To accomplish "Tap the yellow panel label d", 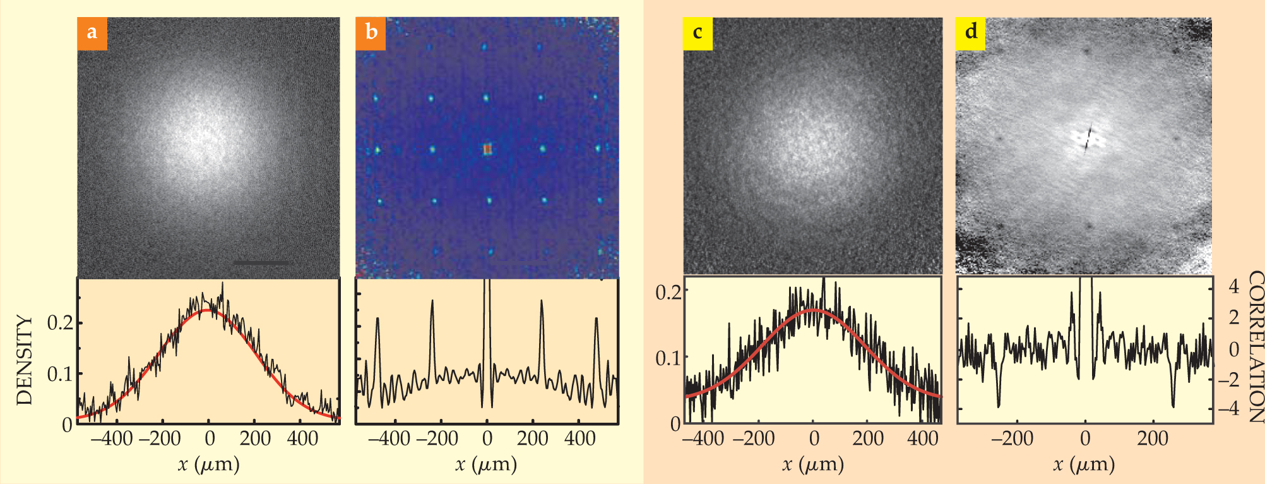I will click(971, 32).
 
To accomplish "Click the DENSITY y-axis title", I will click(24, 360).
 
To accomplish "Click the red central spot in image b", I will click(487, 149).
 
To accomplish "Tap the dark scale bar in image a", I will click(262, 262).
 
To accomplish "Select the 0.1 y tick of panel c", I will click(668, 358).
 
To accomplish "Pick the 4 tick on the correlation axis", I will click(1235, 287).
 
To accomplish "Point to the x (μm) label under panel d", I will click(1084, 464).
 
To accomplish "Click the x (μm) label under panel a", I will click(209, 464).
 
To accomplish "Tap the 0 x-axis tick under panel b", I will click(487, 439).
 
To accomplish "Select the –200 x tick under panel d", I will click(1012, 439).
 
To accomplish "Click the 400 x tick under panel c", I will click(922, 439).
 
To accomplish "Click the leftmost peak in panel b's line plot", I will click(377, 320).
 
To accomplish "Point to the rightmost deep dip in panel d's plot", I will click(1173, 404).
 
